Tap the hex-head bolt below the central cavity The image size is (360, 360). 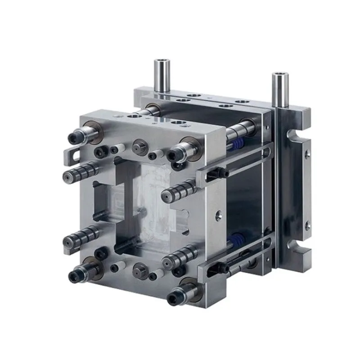[138, 271]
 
